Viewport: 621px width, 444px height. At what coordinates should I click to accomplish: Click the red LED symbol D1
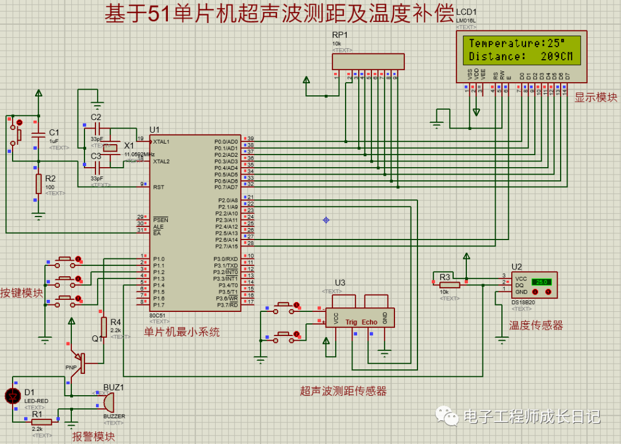(x=12, y=396)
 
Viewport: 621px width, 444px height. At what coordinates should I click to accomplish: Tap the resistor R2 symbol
(x=39, y=184)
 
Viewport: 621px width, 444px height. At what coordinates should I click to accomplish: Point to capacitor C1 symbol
(x=39, y=136)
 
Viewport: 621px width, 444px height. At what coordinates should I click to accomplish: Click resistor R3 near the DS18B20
(x=450, y=285)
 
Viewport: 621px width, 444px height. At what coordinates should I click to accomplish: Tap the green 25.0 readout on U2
(x=541, y=282)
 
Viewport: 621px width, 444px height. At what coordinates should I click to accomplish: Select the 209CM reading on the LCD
(x=557, y=56)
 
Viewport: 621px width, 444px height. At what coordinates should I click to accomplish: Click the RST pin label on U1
(x=159, y=187)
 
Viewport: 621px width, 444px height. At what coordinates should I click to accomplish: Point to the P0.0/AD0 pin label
(x=226, y=141)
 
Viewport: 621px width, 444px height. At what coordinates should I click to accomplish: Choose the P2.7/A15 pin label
(x=226, y=246)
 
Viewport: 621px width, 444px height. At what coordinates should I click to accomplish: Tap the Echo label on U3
(x=370, y=322)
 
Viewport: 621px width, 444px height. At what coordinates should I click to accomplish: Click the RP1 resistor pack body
(x=369, y=61)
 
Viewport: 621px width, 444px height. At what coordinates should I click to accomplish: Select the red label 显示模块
(x=596, y=98)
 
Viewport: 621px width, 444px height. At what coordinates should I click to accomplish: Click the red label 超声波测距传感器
(x=343, y=391)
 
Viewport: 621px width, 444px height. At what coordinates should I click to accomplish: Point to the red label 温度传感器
(x=536, y=326)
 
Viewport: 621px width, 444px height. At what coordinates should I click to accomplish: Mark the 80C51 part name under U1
(x=157, y=315)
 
